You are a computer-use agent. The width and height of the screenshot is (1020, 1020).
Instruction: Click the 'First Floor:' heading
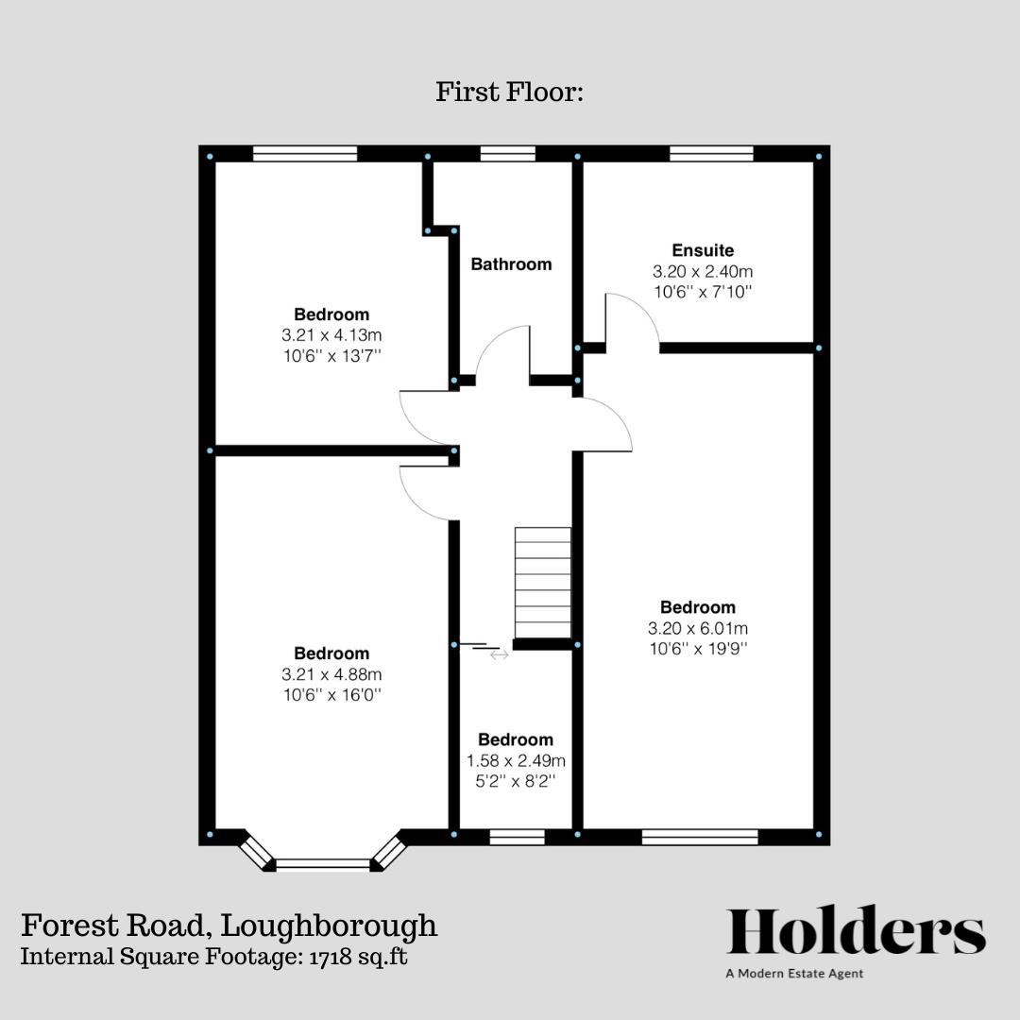click(x=510, y=93)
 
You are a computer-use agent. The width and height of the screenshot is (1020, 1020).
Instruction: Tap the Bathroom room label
click(x=511, y=264)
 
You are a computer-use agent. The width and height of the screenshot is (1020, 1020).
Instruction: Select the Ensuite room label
click(x=703, y=250)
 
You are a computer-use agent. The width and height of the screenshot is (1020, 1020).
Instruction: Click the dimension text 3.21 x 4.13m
click(x=331, y=334)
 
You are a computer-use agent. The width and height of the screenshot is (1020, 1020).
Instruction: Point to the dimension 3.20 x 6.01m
click(x=697, y=628)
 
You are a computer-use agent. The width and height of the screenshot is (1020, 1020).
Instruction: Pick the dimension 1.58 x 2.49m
click(x=516, y=760)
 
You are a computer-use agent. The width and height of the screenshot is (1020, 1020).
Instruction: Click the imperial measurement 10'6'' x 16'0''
click(x=331, y=695)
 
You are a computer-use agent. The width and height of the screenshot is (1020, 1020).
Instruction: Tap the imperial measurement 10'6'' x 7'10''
click(x=703, y=292)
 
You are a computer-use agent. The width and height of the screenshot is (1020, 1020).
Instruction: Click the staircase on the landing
click(x=543, y=583)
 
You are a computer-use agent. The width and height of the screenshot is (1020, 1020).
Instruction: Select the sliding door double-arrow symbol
click(x=499, y=654)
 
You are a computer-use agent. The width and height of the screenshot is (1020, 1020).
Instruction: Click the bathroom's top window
click(x=508, y=153)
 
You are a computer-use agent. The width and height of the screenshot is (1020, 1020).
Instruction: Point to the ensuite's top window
click(x=711, y=153)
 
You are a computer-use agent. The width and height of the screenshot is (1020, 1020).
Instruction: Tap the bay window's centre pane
click(x=323, y=863)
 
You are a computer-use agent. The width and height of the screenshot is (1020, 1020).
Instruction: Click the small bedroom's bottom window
click(x=517, y=836)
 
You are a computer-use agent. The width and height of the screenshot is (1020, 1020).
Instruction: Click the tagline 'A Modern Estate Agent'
click(x=794, y=973)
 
